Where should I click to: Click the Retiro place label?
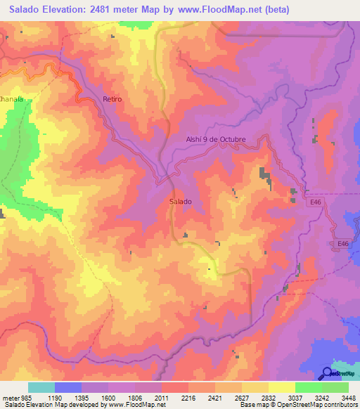tap(112, 99)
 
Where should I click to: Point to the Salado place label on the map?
tap(181, 202)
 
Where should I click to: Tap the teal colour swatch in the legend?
tap(41, 387)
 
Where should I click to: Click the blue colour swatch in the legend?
tap(68, 387)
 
